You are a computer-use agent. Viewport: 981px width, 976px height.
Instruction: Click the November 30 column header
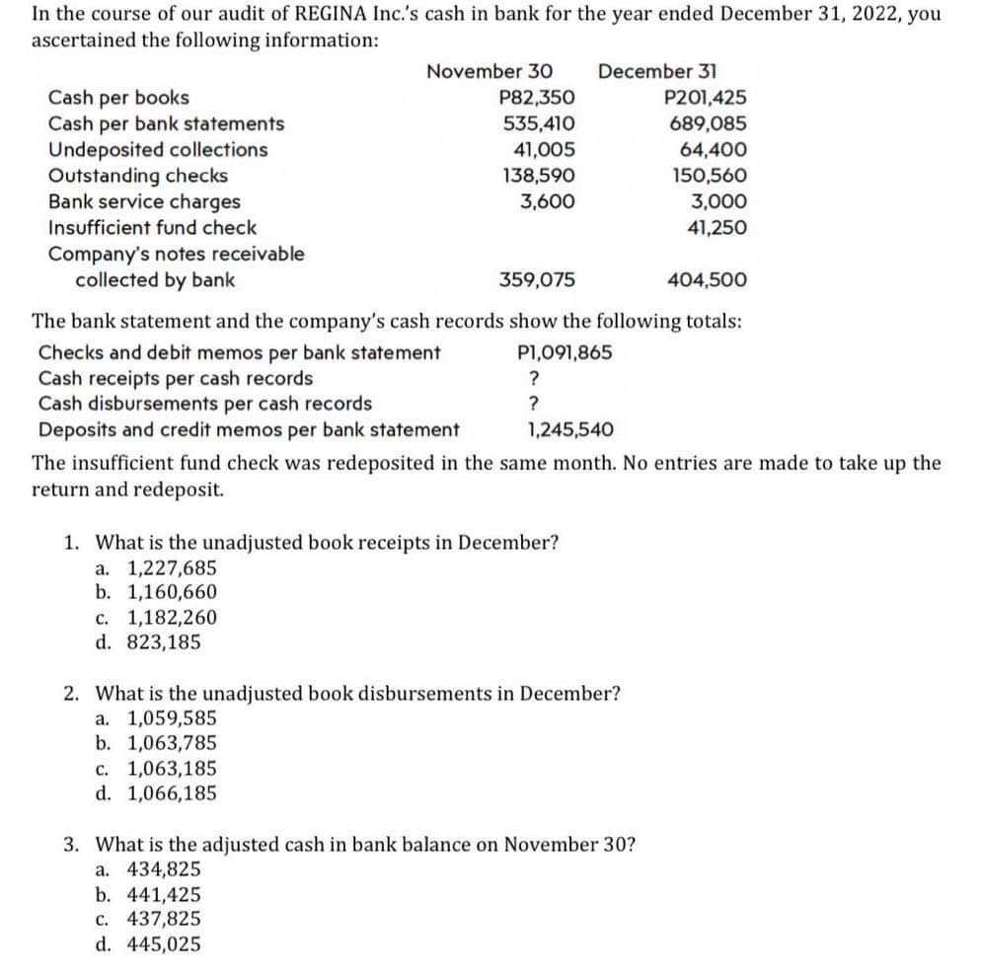pyautogui.click(x=489, y=72)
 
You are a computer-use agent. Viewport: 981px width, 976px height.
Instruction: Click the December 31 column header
pyautogui.click(x=658, y=72)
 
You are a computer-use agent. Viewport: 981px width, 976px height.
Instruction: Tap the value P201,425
pyautogui.click(x=707, y=98)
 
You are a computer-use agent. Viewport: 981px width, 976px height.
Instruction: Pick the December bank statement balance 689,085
pyautogui.click(x=709, y=124)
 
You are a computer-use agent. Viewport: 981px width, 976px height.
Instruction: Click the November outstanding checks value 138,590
pyautogui.click(x=539, y=176)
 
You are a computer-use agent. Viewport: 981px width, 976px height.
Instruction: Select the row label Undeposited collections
pyautogui.click(x=158, y=150)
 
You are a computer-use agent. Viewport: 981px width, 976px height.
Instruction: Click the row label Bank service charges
pyautogui.click(x=144, y=201)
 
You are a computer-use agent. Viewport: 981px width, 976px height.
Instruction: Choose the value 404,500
pyautogui.click(x=708, y=279)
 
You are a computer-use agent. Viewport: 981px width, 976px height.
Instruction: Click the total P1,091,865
pyautogui.click(x=564, y=352)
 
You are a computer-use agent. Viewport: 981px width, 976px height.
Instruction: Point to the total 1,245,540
pyautogui.click(x=570, y=429)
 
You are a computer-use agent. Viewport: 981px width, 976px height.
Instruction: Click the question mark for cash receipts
pyautogui.click(x=534, y=378)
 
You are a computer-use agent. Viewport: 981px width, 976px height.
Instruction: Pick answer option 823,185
pyautogui.click(x=164, y=642)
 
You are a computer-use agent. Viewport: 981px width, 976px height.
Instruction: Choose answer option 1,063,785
pyautogui.click(x=172, y=743)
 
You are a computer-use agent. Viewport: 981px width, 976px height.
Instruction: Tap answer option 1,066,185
pyautogui.click(x=172, y=793)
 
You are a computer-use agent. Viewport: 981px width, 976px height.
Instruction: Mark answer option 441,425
pyautogui.click(x=164, y=894)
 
